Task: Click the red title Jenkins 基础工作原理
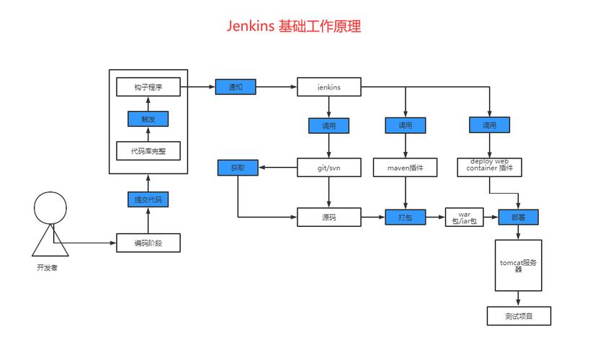tap(293, 27)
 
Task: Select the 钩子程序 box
tap(148, 87)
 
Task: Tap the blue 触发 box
tap(148, 119)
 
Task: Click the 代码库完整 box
tap(148, 150)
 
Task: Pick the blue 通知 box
tap(236, 87)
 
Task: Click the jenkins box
tap(328, 87)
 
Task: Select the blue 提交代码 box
tap(148, 199)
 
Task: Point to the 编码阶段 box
tap(148, 243)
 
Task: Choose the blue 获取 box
tap(238, 168)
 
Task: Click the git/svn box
tap(328, 168)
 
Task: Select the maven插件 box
tap(405, 168)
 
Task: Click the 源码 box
tap(328, 217)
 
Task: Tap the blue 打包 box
tap(405, 217)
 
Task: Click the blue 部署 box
tap(518, 217)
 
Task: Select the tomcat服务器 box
tap(518, 265)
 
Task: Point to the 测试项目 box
tap(518, 315)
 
